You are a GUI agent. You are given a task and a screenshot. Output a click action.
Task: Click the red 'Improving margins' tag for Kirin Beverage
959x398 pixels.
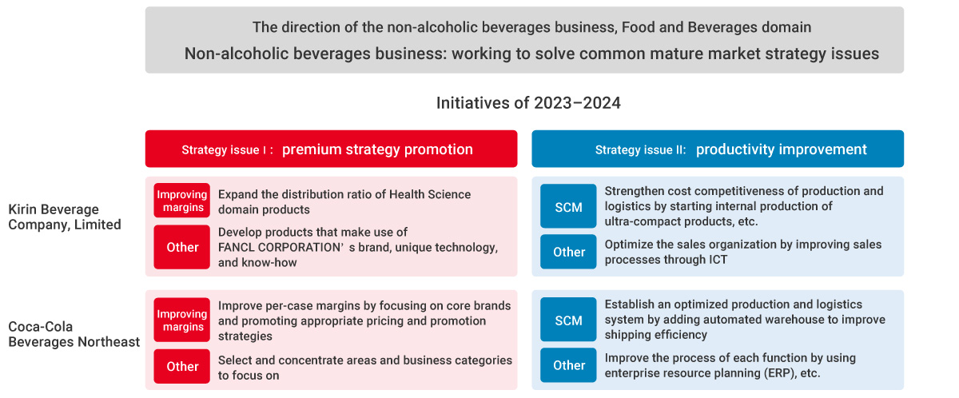182,201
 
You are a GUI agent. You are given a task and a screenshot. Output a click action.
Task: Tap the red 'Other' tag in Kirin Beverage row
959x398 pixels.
182,247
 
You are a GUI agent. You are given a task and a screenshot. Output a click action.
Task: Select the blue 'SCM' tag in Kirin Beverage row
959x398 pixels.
568,206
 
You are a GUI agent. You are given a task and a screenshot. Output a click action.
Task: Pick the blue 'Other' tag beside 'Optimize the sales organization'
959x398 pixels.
568,252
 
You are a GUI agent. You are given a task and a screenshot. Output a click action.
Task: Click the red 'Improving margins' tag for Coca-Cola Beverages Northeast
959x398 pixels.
182,320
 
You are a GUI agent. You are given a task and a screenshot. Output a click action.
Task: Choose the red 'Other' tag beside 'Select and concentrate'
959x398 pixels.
182,366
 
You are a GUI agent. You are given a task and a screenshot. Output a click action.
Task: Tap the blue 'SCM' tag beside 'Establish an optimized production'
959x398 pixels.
568,319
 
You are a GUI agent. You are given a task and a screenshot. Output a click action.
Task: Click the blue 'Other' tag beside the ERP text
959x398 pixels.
568,365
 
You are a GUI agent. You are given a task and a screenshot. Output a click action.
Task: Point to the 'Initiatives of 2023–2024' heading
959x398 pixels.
528,103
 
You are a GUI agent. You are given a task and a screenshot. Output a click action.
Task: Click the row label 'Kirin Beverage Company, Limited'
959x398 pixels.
65,217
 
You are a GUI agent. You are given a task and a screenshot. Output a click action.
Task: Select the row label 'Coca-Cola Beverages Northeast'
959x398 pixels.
74,334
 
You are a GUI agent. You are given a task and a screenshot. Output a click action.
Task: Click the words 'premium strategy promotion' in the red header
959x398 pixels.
377,149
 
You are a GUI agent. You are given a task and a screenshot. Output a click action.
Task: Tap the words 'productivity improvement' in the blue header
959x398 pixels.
782,149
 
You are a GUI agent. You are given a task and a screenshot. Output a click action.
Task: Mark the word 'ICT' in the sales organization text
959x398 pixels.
717,260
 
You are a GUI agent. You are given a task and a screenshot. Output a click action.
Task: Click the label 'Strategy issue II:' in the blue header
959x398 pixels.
640,149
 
